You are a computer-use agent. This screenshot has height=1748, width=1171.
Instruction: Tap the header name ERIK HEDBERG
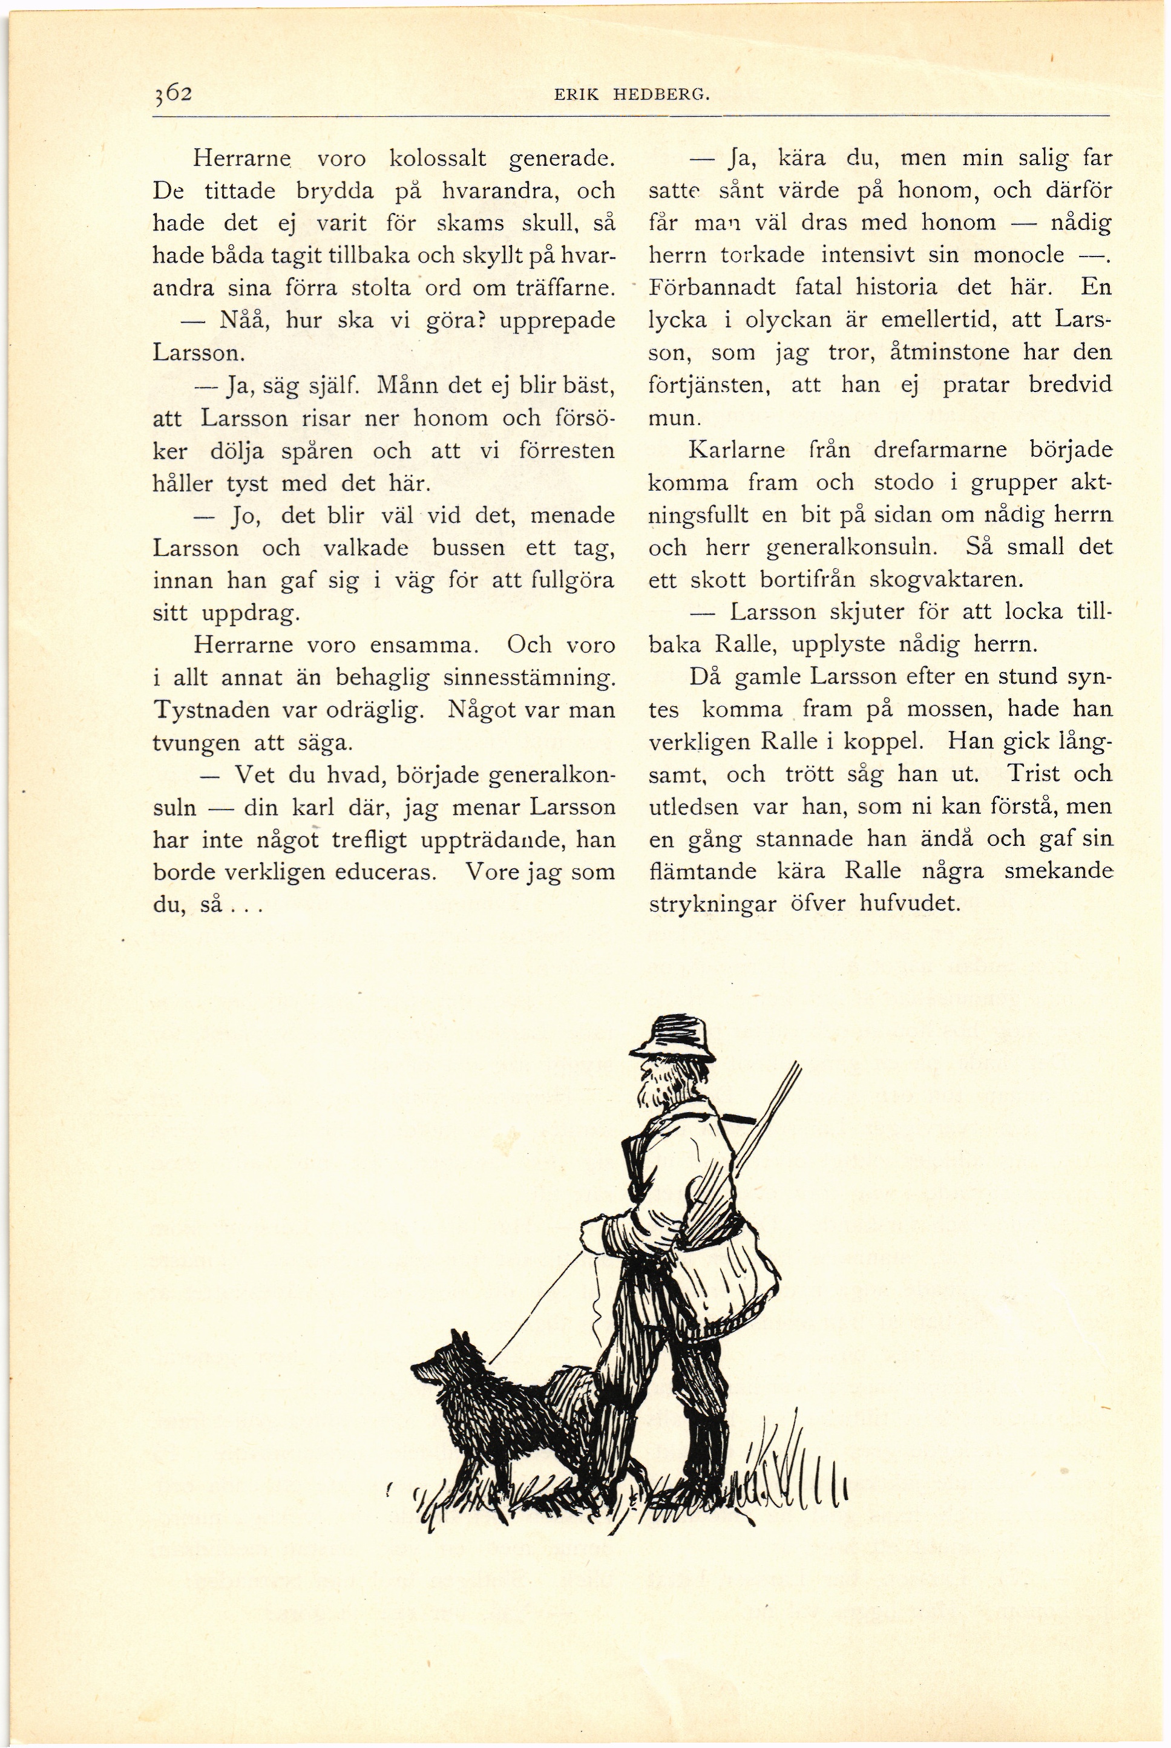pos(631,96)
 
